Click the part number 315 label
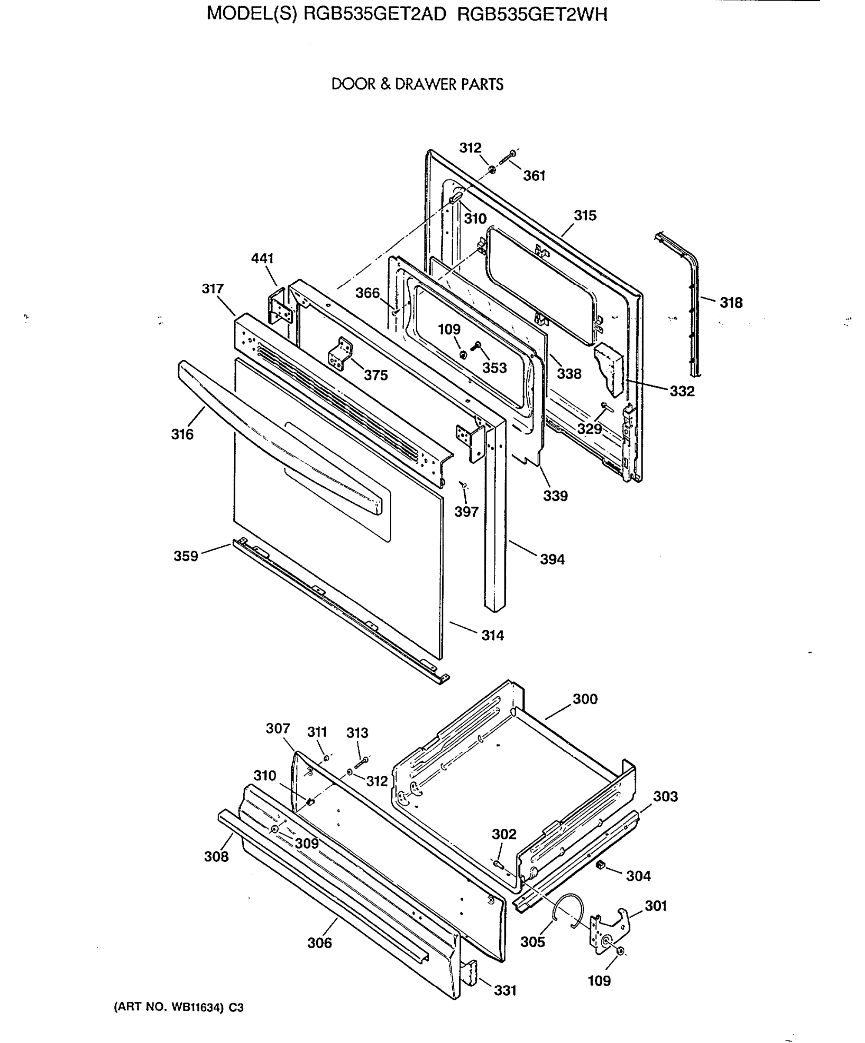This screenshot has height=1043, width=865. click(x=585, y=216)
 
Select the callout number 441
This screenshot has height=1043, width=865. click(x=262, y=258)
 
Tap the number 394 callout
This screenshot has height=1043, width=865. click(x=552, y=560)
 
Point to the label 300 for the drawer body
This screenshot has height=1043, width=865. click(x=585, y=699)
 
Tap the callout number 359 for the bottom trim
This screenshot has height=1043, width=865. click(x=186, y=556)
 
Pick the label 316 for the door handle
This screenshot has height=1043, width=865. click(x=182, y=435)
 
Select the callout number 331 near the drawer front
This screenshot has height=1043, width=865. click(x=505, y=991)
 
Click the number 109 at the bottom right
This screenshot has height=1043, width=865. click(x=600, y=981)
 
